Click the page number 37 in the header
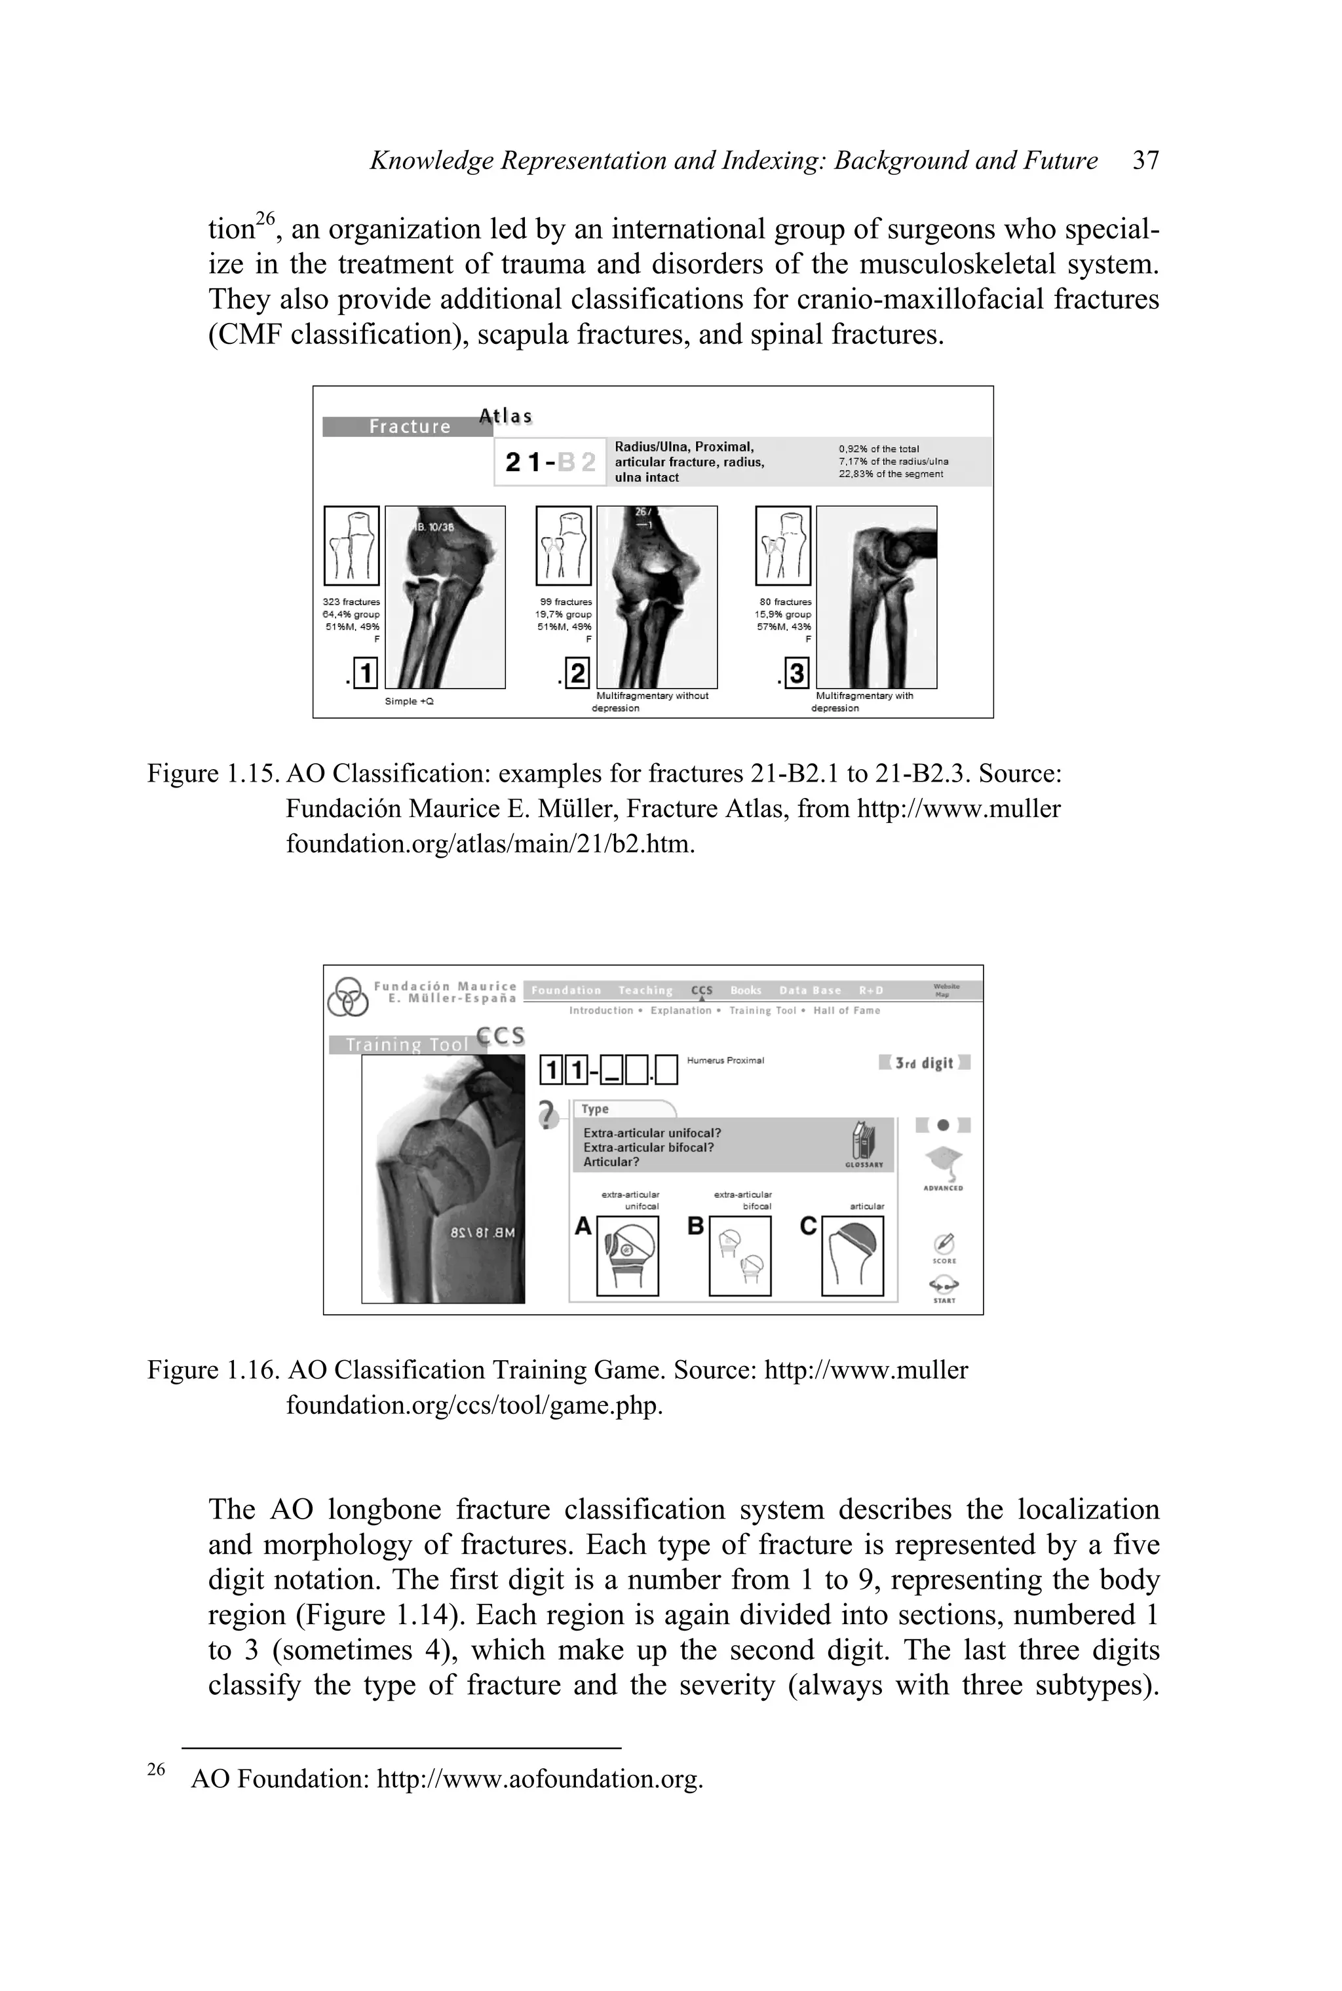tap(1145, 161)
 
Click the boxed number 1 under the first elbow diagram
tap(364, 674)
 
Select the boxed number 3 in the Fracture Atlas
tap(796, 674)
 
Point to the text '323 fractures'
tap(351, 602)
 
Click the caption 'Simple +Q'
tap(409, 702)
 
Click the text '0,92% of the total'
tap(879, 448)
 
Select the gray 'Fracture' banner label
tap(409, 426)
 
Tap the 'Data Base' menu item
tap(810, 990)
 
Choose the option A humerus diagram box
tap(626, 1256)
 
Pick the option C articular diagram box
tap(852, 1256)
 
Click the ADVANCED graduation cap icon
tap(943, 1164)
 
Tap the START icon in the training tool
tap(944, 1286)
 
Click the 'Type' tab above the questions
tap(596, 1109)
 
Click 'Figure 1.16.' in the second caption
tap(214, 1371)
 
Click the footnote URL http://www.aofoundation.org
tap(539, 1779)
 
